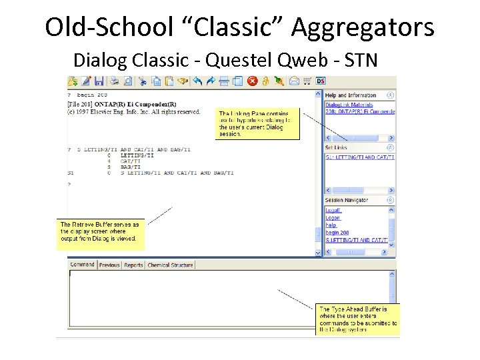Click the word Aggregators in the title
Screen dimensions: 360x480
point(363,28)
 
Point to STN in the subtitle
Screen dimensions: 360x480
point(361,61)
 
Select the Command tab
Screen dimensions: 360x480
point(82,265)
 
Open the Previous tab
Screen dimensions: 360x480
point(109,265)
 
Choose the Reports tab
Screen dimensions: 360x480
point(133,265)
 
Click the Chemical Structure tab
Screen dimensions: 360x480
point(170,265)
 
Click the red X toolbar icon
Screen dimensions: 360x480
point(253,81)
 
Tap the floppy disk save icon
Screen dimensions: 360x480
point(99,81)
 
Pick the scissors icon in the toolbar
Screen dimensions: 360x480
point(142,81)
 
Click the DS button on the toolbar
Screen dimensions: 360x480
point(321,81)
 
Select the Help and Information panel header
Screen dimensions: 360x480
point(351,95)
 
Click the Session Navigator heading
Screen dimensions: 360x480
point(347,200)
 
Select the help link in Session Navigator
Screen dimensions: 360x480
point(331,225)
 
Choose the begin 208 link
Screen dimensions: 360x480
point(337,233)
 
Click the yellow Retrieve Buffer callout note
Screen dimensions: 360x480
point(101,231)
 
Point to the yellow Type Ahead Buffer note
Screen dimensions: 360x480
point(357,319)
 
